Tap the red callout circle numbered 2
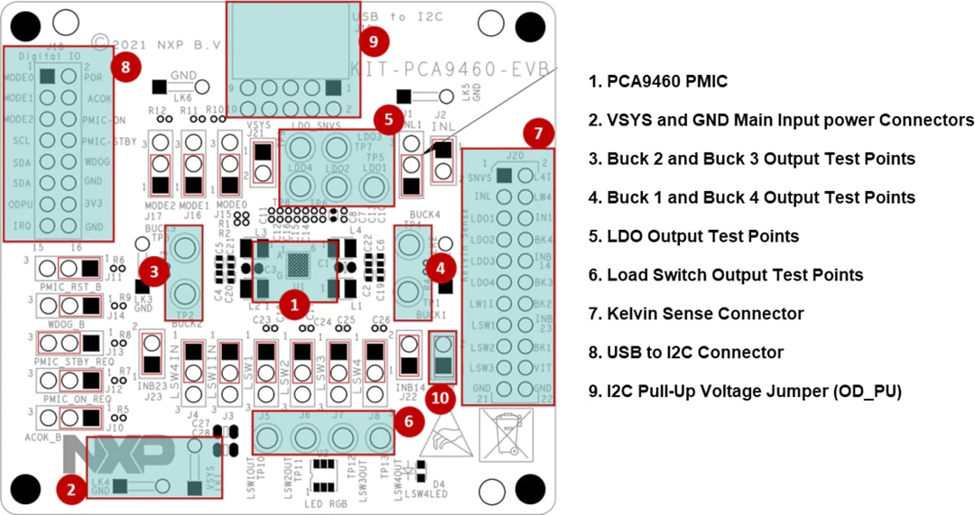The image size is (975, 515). pyautogui.click(x=71, y=490)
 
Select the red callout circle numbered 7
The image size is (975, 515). pyautogui.click(x=538, y=135)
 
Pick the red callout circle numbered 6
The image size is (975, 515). pyautogui.click(x=410, y=421)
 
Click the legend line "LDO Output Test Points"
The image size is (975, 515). pyautogui.click(x=693, y=236)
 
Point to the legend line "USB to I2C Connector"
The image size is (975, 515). pyautogui.click(x=685, y=353)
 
